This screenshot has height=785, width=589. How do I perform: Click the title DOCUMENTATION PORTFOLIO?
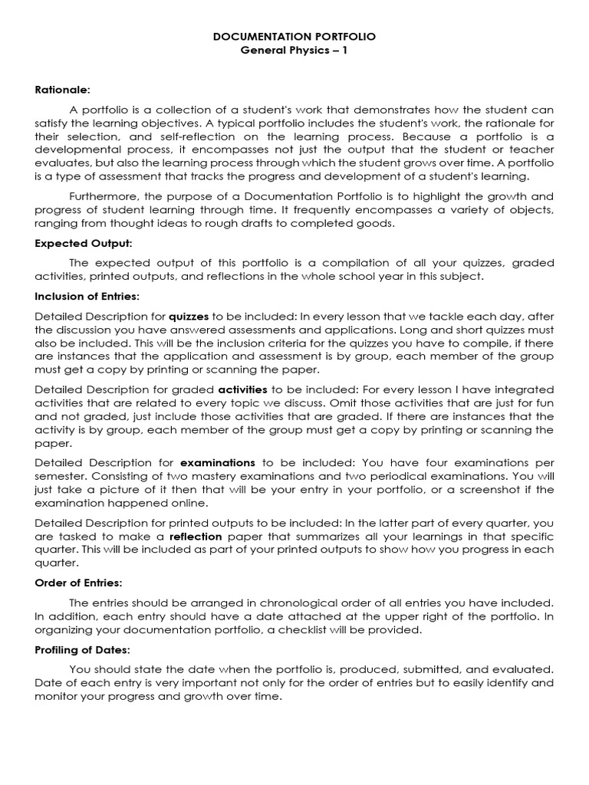click(x=294, y=36)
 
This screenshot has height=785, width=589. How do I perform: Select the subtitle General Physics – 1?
click(x=294, y=51)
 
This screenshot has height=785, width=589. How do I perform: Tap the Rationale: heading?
click(x=63, y=90)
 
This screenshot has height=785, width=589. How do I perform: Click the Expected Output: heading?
click(x=84, y=243)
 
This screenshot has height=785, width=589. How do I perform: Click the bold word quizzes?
click(x=189, y=316)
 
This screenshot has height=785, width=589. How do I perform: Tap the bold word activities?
click(x=242, y=389)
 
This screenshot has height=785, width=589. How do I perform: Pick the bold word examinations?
click(x=218, y=462)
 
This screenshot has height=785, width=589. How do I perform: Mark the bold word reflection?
click(x=196, y=537)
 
